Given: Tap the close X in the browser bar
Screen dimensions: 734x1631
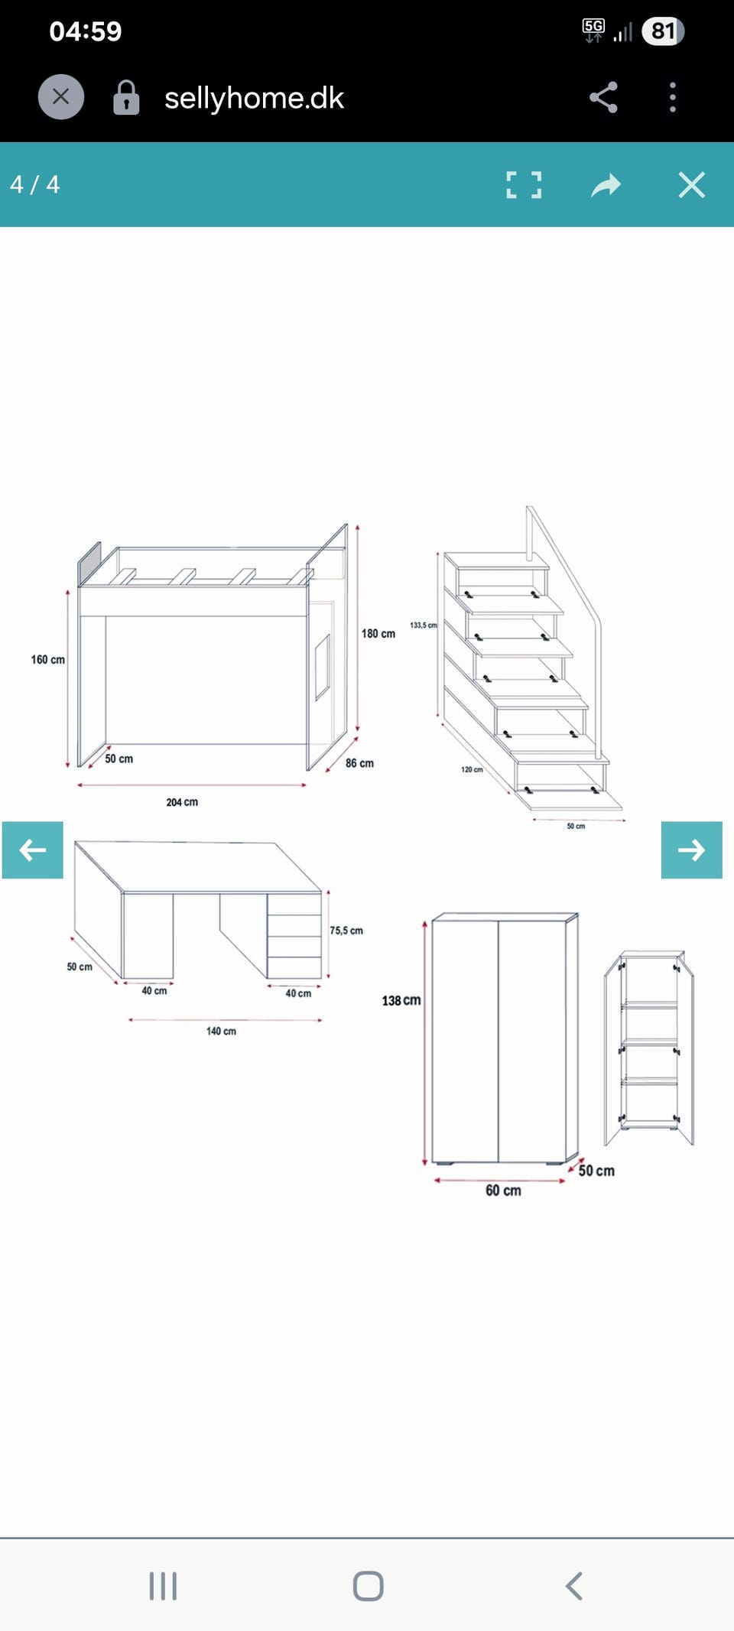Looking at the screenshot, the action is pos(61,97).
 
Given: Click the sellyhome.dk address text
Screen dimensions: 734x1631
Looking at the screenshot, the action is pos(254,98).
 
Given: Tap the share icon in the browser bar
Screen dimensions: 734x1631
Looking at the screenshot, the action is pos(603,97).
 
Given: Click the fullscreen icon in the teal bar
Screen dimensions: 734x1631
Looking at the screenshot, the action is pos(524,185).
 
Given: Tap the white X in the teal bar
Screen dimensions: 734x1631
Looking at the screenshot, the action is pos(692,185).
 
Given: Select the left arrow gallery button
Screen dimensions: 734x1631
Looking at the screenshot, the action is pos(33,850).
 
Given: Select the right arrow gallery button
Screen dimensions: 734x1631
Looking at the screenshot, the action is pos(691,850).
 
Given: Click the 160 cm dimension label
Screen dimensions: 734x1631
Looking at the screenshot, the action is pos(48,659).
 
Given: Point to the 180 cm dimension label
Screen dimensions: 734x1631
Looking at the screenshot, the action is pos(378,634).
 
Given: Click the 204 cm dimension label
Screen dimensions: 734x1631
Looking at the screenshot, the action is pos(182,802).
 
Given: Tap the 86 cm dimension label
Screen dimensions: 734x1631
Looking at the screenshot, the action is pos(359,763).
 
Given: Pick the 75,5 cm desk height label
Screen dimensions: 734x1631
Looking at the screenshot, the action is pos(346,931).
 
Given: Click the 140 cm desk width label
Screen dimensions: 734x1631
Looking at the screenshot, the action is pos(221,1032).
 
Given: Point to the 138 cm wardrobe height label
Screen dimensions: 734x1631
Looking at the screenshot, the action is pos(401,1000).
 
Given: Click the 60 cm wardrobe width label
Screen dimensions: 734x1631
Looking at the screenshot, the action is pos(503,1191).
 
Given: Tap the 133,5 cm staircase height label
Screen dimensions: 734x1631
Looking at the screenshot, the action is pos(424,625).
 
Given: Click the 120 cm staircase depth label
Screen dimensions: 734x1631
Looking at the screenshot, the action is pos(472,769).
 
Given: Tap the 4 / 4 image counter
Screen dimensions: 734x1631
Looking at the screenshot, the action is pos(34,184).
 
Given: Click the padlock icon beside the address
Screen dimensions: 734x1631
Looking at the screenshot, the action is pos(126,98).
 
